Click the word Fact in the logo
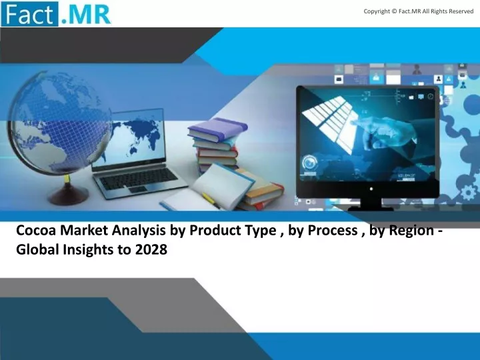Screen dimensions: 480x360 [x=29, y=14]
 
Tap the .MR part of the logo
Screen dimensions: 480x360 [x=85, y=15]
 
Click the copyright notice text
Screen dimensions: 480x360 [x=419, y=11]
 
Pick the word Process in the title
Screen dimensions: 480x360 [x=333, y=230]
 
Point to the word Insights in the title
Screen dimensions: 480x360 [x=88, y=250]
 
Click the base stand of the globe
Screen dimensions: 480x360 [x=68, y=194]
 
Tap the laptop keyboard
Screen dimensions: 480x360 [x=139, y=179]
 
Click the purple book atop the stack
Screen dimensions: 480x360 [x=217, y=129]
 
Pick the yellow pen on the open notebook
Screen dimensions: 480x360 [x=211, y=201]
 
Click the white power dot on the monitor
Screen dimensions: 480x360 [x=371, y=189]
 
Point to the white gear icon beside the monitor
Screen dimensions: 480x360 [x=469, y=193]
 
